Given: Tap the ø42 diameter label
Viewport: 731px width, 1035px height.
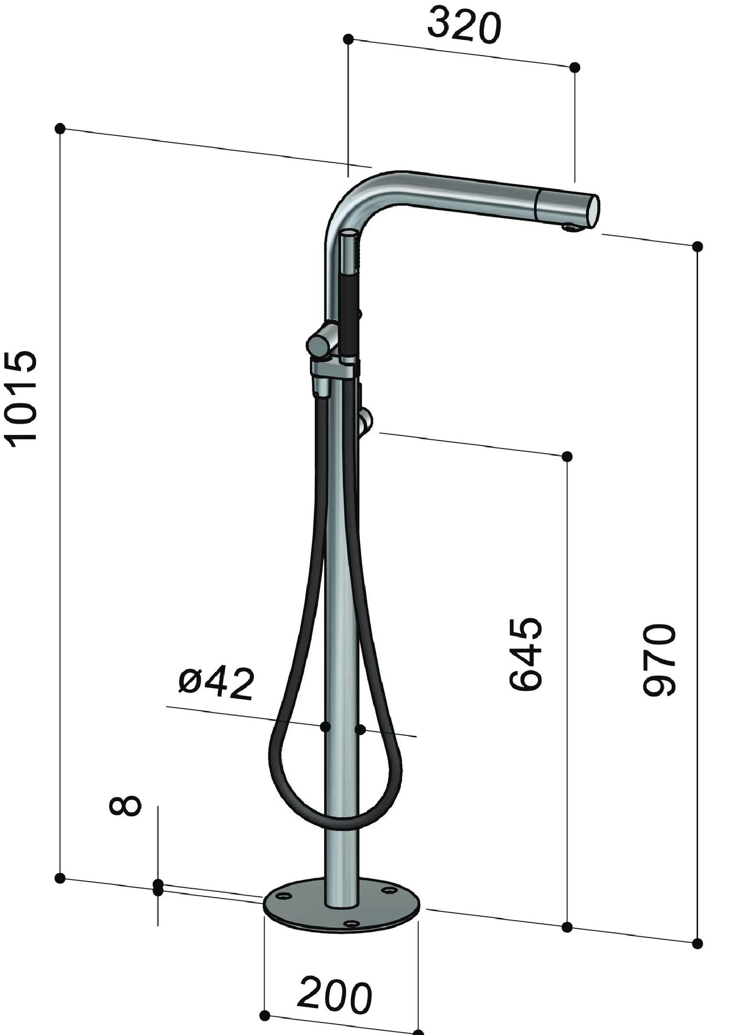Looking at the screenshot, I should (x=216, y=683).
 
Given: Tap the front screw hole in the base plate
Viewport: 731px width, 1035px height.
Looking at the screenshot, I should (x=351, y=923).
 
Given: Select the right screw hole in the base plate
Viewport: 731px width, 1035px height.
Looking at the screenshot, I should (x=389, y=890).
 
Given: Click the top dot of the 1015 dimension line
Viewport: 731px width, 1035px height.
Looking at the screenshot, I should (x=60, y=129).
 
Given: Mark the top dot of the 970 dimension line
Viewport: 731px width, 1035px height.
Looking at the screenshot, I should (x=697, y=246).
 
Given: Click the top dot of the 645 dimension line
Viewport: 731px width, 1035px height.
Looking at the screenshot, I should (x=567, y=456).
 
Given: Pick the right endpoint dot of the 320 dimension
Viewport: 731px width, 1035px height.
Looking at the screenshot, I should (x=575, y=67).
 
